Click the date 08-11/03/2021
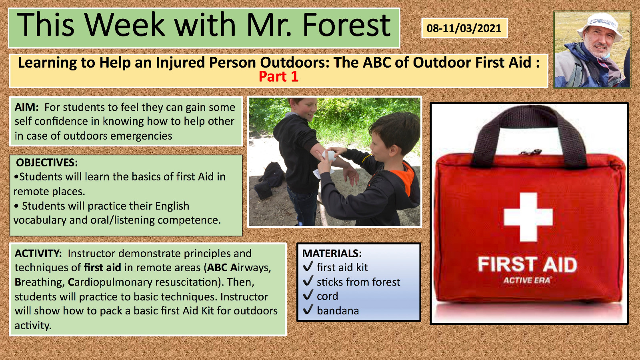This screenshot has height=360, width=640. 464,28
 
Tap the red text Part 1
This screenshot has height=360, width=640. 278,76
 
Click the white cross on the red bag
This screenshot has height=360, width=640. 528,217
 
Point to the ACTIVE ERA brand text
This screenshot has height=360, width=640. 527,280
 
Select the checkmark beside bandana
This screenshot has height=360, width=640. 308,310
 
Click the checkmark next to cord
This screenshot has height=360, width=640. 308,295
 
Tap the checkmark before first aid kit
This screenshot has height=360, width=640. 308,266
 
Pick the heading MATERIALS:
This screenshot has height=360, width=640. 332,254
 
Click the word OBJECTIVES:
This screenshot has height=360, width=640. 47,162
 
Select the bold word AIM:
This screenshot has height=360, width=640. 26,107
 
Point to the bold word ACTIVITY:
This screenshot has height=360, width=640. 38,254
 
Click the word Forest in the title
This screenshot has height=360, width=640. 346,25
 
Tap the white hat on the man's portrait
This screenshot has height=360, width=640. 600,26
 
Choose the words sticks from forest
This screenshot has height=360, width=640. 358,282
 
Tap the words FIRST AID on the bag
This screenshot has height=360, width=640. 528,264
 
